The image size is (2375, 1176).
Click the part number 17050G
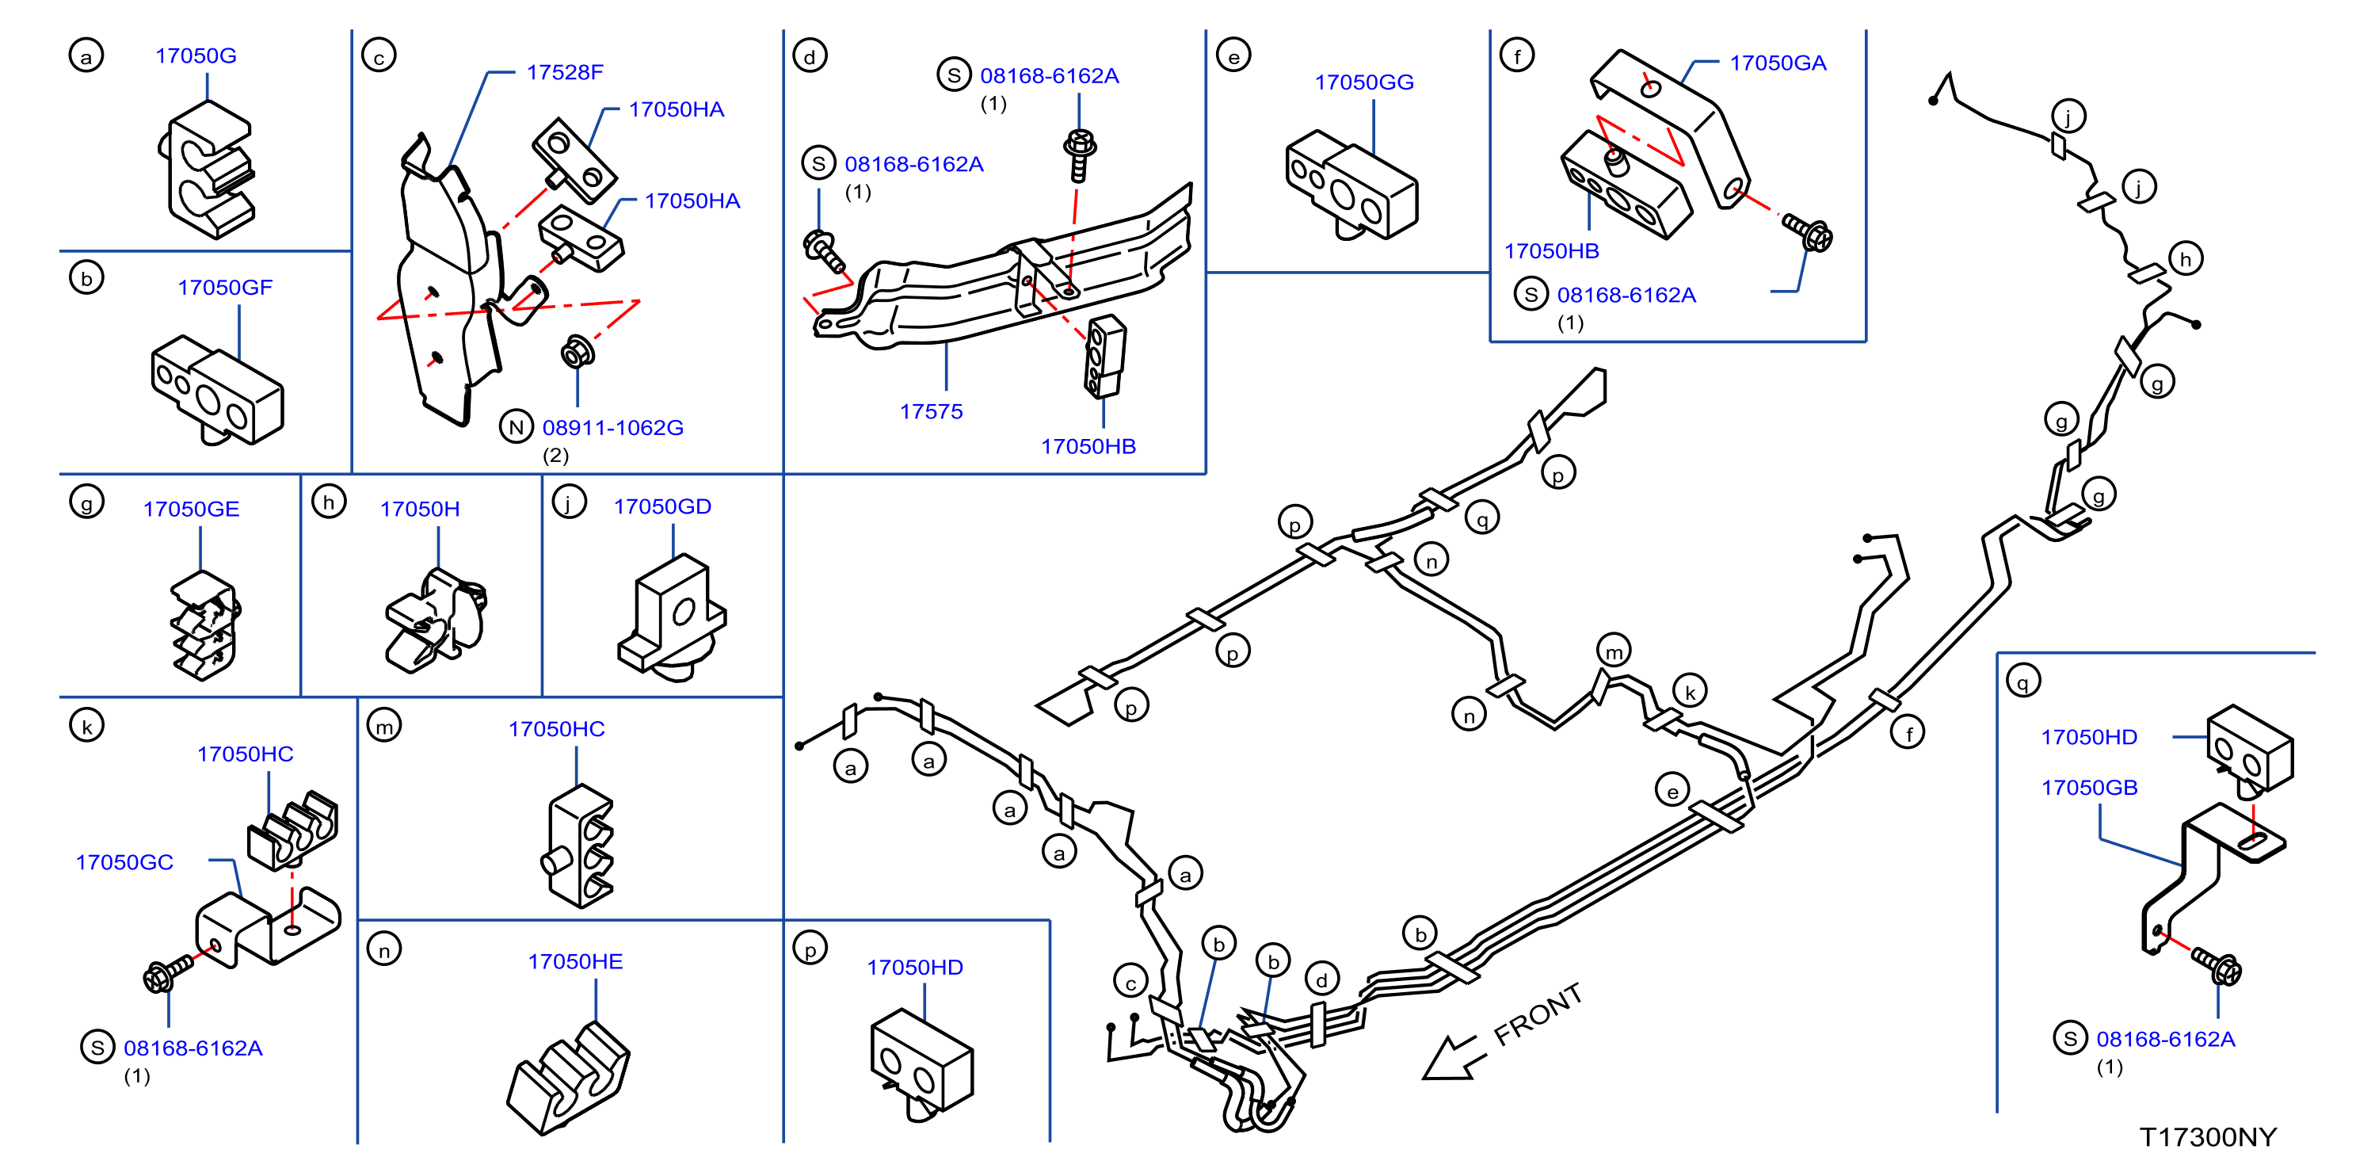(x=196, y=55)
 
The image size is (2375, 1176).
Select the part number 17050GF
(x=225, y=287)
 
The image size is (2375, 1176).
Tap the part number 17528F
(x=564, y=72)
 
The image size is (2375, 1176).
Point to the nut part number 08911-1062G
(x=613, y=427)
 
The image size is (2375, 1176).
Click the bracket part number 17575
(x=931, y=411)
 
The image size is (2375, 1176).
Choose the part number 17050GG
(x=1363, y=82)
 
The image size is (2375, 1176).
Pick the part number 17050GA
(x=1778, y=63)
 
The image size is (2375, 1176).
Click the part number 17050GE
(x=191, y=509)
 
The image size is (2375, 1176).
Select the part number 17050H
(x=420, y=509)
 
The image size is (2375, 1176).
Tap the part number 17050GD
(x=662, y=506)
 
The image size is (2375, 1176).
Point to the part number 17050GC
(x=124, y=862)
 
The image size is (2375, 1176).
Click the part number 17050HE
(x=575, y=962)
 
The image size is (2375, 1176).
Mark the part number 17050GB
(x=2089, y=788)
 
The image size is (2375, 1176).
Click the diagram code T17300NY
(x=2208, y=1137)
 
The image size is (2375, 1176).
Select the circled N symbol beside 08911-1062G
(x=517, y=427)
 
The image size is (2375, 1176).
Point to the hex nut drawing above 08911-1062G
(x=578, y=351)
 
